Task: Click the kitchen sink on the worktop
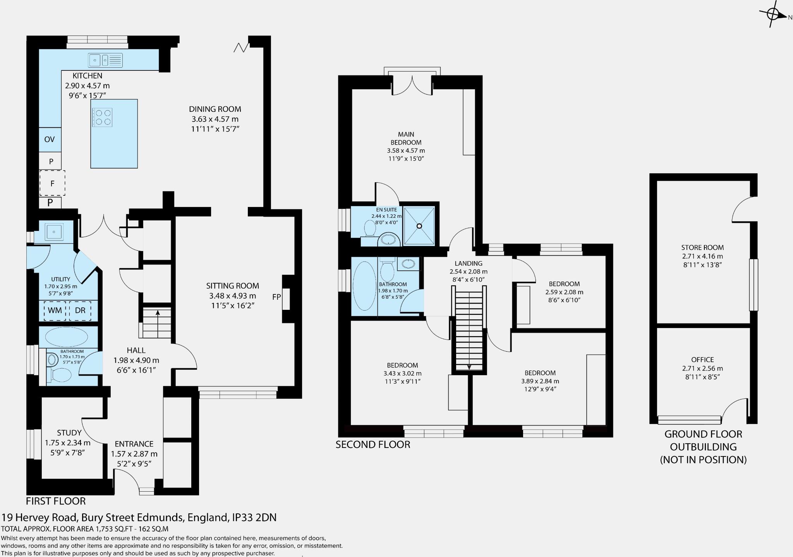pos(105,60)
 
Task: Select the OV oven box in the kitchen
pos(50,140)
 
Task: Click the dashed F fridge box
pos(52,183)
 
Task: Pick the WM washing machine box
pos(55,311)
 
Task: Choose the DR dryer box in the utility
pos(80,311)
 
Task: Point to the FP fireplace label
pos(276,297)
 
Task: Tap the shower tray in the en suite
pos(419,226)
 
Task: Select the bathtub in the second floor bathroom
pos(364,286)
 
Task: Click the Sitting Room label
pos(232,286)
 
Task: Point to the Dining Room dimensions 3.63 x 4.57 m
pos(215,119)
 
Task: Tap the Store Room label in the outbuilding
pos(702,248)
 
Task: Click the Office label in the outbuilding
pos(702,360)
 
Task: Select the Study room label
pos(69,433)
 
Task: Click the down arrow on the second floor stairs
pos(469,367)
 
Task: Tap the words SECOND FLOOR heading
pos(372,445)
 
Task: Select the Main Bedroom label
pos(406,138)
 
